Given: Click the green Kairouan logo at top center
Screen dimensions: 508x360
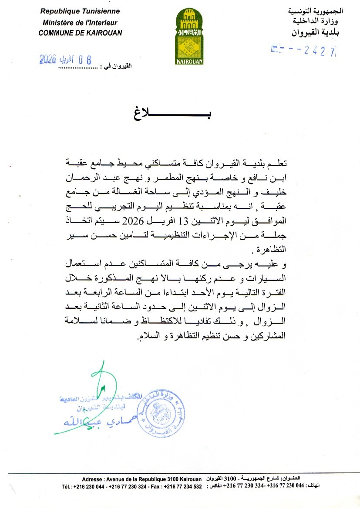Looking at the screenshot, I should click(x=189, y=37).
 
